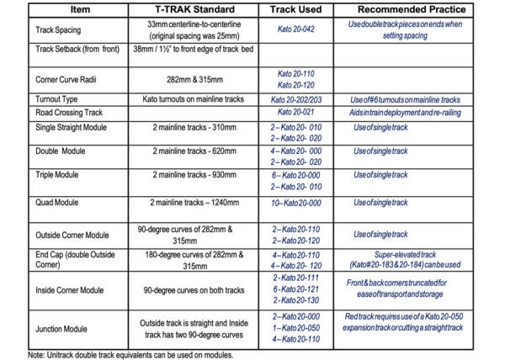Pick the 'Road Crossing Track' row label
tap(68, 112)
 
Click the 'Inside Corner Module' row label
tap(70, 289)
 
